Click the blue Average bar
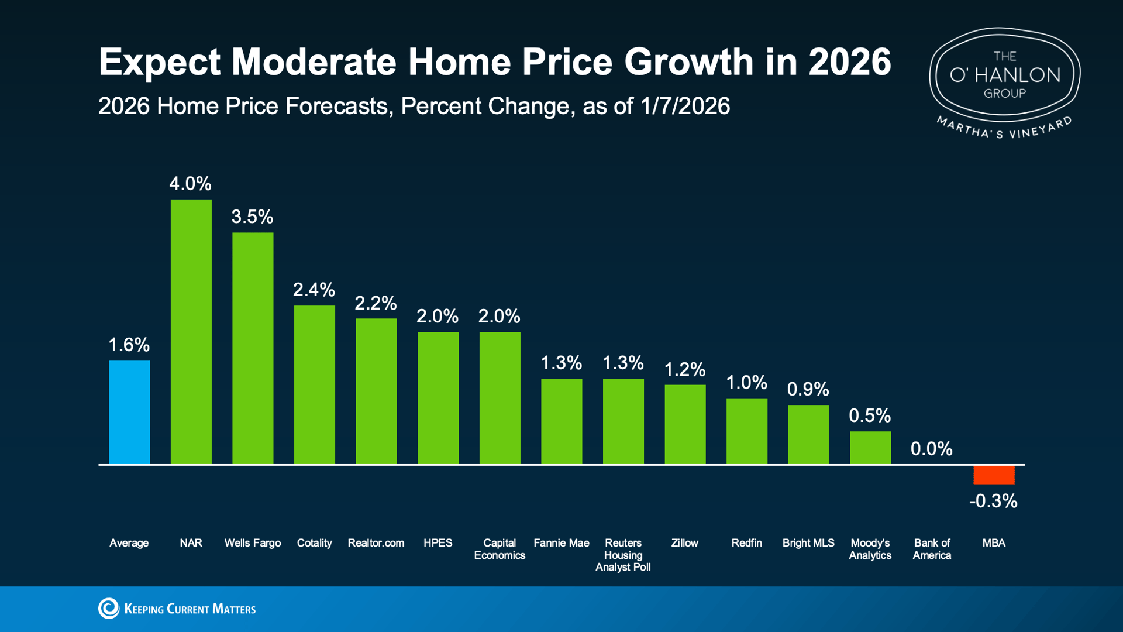coord(129,413)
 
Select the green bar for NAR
coord(191,332)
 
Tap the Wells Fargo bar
coord(253,348)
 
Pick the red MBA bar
coord(994,475)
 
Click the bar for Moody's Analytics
coord(870,448)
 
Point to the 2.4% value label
coord(314,290)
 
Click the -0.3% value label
coord(993,501)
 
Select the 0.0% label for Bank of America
coord(932,449)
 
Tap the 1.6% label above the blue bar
coord(129,345)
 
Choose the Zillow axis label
coord(685,543)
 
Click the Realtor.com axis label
coord(376,543)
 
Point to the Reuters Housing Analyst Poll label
coord(623,555)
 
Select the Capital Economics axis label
coord(500,549)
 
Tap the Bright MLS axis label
coord(808,543)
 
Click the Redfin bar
coord(747,431)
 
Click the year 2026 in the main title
coord(850,62)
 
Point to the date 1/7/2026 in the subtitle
coord(685,107)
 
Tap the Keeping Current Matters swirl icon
coord(108,609)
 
